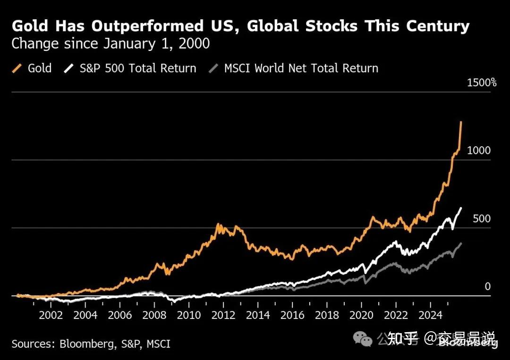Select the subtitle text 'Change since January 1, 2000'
click(x=110, y=44)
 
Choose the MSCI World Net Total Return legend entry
click(x=294, y=68)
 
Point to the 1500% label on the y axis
click(x=482, y=83)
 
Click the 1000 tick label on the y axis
click(x=479, y=151)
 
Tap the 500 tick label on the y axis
click(x=482, y=219)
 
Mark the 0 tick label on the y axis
click(x=488, y=287)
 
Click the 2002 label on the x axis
click(x=51, y=315)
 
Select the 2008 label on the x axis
click(x=154, y=315)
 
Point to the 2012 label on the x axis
click(x=223, y=315)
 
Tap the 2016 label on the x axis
click(x=292, y=315)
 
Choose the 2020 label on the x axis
click(x=361, y=315)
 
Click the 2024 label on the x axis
click(x=430, y=315)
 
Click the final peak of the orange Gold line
click(x=461, y=122)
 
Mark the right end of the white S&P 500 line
click(x=461, y=208)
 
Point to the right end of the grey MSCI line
click(x=461, y=243)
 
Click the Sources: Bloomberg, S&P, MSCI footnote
click(x=91, y=344)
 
